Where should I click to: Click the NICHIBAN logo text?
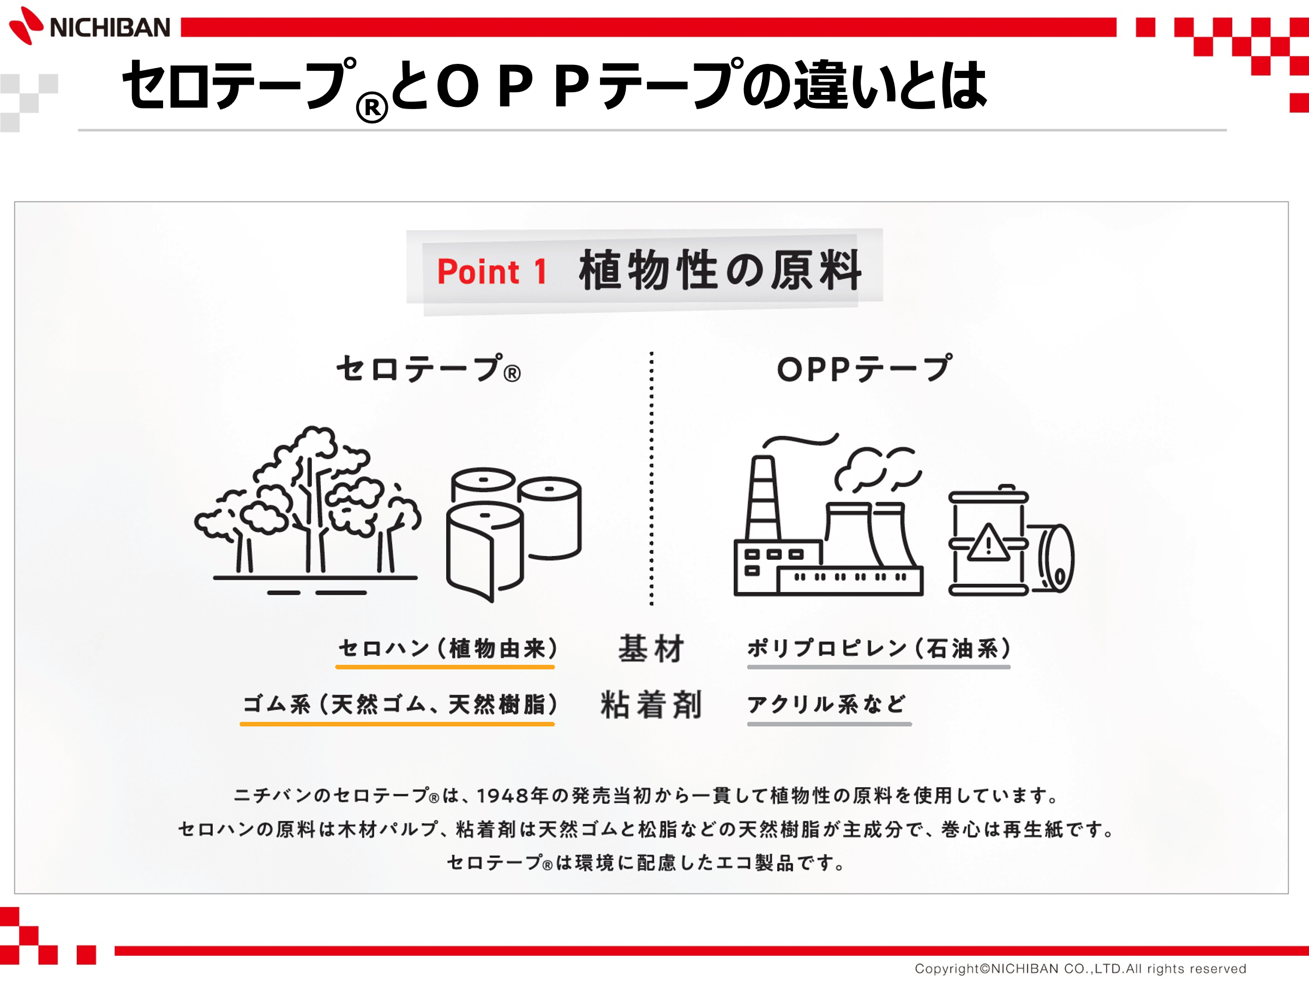point(110,28)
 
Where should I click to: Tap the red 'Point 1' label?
point(492,272)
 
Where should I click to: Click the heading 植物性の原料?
point(720,270)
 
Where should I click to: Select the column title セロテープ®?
point(429,368)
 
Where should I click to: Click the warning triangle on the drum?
point(988,543)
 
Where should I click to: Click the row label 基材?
point(651,648)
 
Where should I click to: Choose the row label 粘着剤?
point(651,704)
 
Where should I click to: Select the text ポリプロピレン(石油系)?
point(879,648)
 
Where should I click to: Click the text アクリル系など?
point(826,704)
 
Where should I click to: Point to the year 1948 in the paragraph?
point(502,795)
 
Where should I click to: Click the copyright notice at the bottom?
point(1080,968)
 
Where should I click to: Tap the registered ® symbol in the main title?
point(372,107)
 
